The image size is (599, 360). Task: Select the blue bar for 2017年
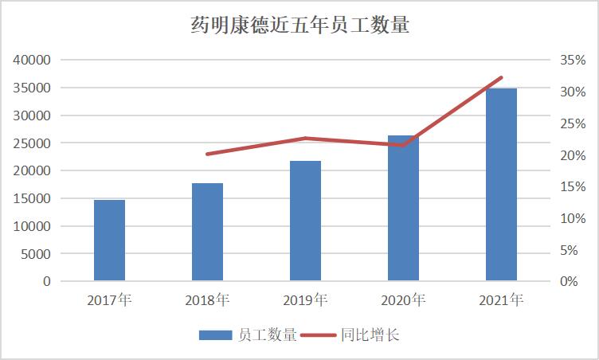click(x=109, y=240)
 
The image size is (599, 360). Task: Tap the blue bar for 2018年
click(x=207, y=232)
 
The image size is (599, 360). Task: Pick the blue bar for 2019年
click(x=305, y=221)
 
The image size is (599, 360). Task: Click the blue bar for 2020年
click(x=403, y=208)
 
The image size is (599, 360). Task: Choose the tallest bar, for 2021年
click(x=501, y=184)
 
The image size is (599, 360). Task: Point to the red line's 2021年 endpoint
click(x=502, y=77)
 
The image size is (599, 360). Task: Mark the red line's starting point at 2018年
click(x=207, y=154)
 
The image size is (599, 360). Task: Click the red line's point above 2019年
click(x=305, y=139)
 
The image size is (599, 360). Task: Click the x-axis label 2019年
click(x=305, y=301)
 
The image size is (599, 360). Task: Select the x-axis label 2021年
click(x=501, y=301)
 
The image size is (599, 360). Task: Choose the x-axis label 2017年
click(x=109, y=301)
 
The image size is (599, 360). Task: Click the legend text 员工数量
click(x=267, y=335)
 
